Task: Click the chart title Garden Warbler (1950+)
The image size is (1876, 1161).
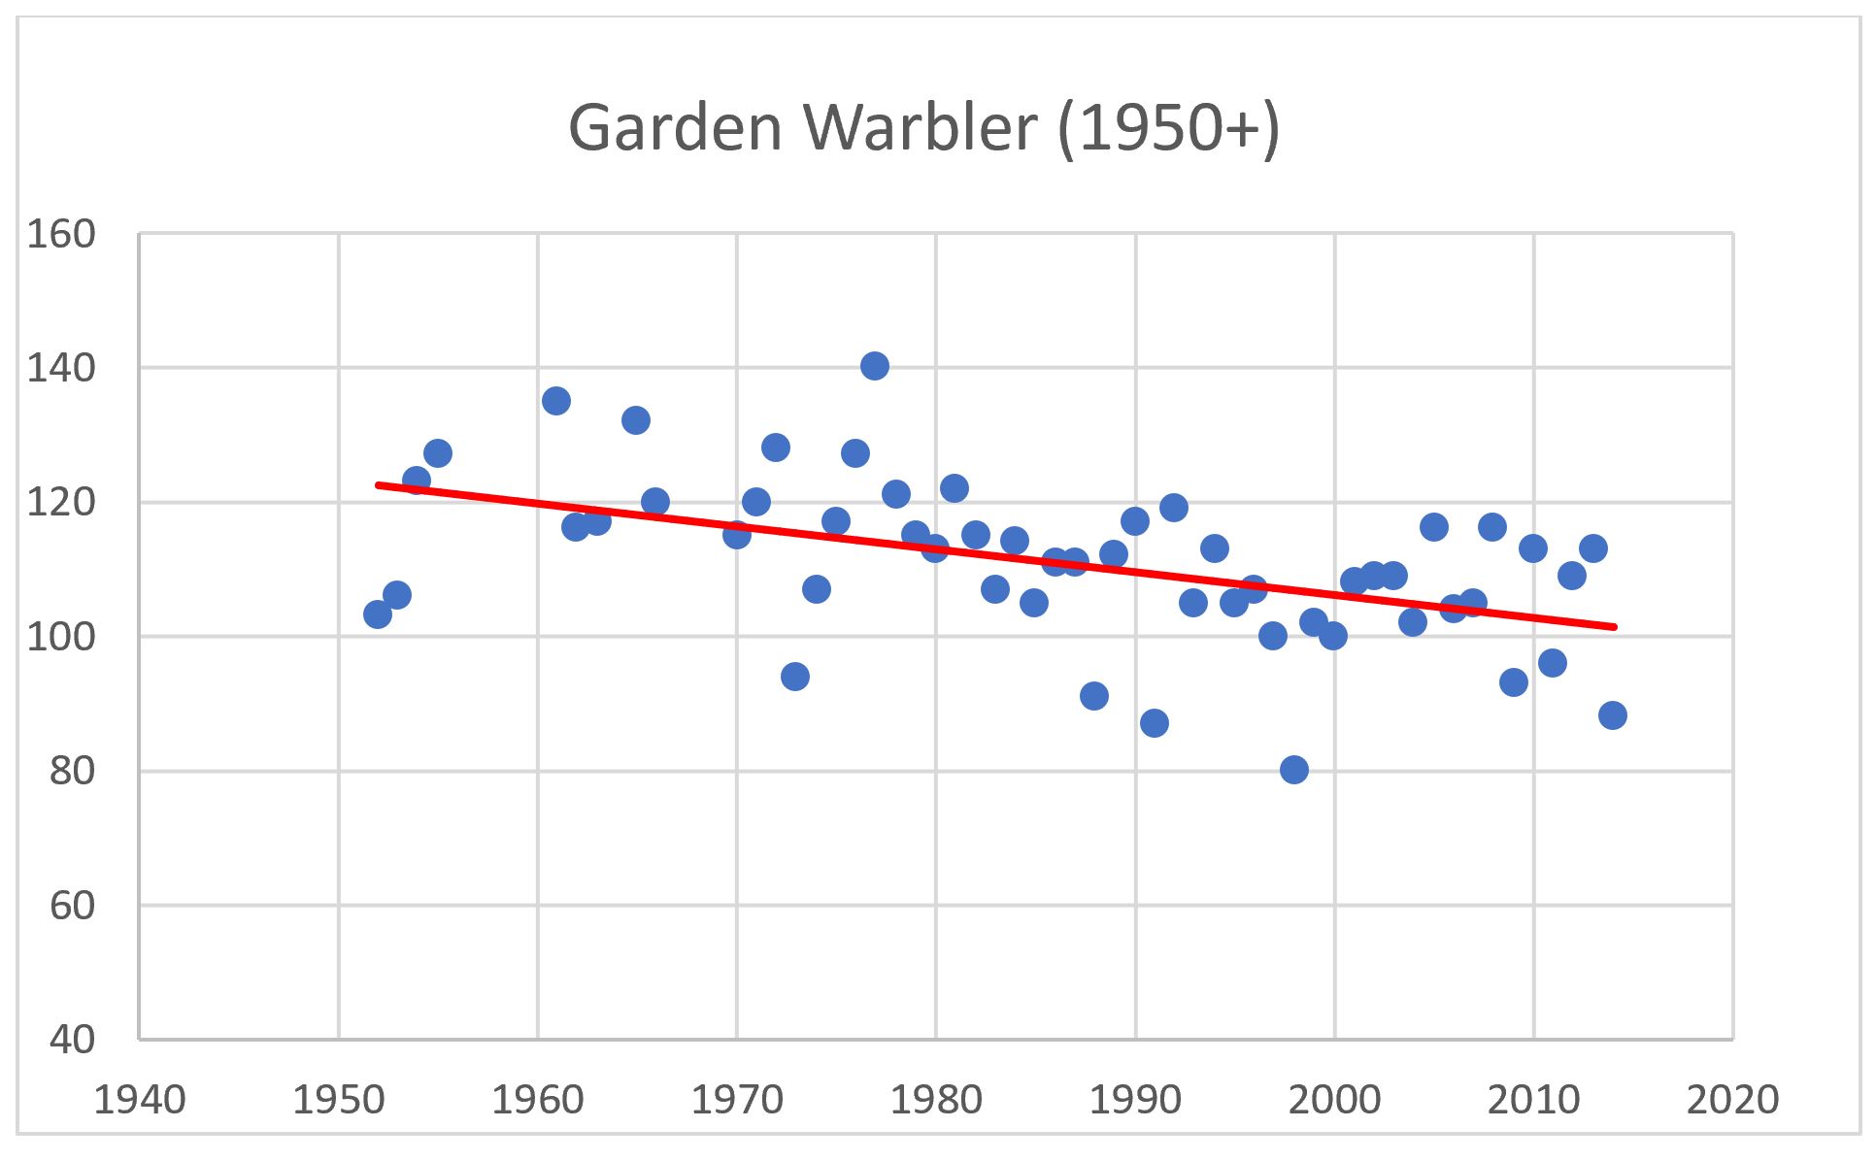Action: click(x=923, y=128)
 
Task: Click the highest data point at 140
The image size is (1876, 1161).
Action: click(x=874, y=366)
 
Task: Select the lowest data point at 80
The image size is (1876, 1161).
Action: click(x=1293, y=770)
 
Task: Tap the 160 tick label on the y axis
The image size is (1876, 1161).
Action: click(x=60, y=235)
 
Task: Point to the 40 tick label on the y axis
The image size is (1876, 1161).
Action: click(x=72, y=1040)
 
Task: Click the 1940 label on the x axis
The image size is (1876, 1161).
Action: click(x=140, y=1100)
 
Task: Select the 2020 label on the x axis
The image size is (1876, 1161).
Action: click(x=1732, y=1100)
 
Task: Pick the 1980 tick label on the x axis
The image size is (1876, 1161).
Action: click(x=936, y=1100)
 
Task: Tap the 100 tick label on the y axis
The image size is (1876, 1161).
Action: click(x=60, y=637)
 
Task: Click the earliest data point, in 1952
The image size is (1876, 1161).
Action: click(x=378, y=614)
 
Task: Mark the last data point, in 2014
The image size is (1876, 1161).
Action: click(x=1612, y=715)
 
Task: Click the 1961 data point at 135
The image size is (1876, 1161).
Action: click(x=556, y=401)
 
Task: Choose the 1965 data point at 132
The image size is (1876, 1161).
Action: click(x=636, y=420)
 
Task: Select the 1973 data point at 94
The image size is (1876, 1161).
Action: click(x=795, y=677)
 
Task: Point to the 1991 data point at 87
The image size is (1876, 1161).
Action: click(x=1154, y=723)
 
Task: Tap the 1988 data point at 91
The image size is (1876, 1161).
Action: click(x=1094, y=696)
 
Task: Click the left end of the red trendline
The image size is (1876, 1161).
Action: click(x=379, y=483)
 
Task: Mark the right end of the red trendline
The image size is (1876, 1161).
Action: click(x=1614, y=627)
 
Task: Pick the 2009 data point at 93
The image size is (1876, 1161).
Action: click(x=1513, y=682)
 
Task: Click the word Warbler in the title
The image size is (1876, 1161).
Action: click(x=920, y=128)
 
